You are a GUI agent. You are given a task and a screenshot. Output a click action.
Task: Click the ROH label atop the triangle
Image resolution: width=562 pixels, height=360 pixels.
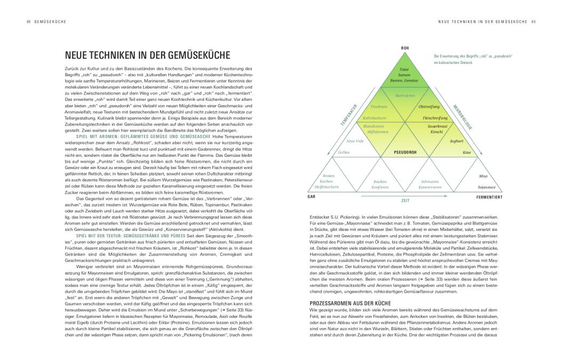point(404,48)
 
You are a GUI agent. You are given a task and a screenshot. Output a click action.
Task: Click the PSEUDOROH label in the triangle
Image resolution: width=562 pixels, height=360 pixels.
point(404,153)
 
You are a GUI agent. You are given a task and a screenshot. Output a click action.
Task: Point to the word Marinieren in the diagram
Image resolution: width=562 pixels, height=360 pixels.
point(405,95)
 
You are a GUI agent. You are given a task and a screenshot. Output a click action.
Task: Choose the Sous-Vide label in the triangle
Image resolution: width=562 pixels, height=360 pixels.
point(355,141)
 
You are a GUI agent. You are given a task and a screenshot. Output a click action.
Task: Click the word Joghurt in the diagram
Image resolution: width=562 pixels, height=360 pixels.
point(456,141)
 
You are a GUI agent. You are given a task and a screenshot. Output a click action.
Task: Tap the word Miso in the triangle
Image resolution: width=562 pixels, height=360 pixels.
point(484,175)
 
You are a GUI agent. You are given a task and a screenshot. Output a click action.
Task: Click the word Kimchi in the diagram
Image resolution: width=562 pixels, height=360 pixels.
point(430,131)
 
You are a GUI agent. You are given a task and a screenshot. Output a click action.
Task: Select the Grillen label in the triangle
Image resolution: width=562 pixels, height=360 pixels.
point(343,153)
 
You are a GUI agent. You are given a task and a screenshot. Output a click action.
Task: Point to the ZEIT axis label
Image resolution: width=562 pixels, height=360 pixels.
point(405,202)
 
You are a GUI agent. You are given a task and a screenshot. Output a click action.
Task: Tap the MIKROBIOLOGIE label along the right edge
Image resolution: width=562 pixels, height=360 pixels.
point(462,114)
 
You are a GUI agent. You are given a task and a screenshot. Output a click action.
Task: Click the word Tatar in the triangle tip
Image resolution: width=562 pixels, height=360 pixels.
point(404,70)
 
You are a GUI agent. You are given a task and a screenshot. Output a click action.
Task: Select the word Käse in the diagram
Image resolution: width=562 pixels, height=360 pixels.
point(466,153)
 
